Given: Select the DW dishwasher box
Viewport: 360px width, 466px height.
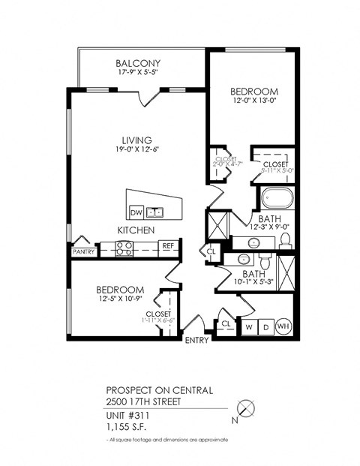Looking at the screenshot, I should pyautogui.click(x=136, y=212).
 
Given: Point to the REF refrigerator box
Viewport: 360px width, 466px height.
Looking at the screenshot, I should pyautogui.click(x=168, y=245).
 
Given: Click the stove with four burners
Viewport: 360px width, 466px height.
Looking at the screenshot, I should pyautogui.click(x=124, y=248).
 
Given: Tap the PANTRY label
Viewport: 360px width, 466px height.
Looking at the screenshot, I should pyautogui.click(x=83, y=252).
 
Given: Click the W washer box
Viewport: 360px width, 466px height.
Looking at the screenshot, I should pyautogui.click(x=249, y=326).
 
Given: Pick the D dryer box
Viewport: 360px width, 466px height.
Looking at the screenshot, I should pyautogui.click(x=265, y=326).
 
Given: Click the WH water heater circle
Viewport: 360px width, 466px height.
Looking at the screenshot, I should pyautogui.click(x=283, y=326).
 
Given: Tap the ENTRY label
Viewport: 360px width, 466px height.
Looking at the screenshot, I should pyautogui.click(x=196, y=340).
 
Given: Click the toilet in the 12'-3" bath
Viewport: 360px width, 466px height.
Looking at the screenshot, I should pyautogui.click(x=285, y=240).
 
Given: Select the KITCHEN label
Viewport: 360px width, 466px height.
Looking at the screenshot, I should pyautogui.click(x=136, y=230).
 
